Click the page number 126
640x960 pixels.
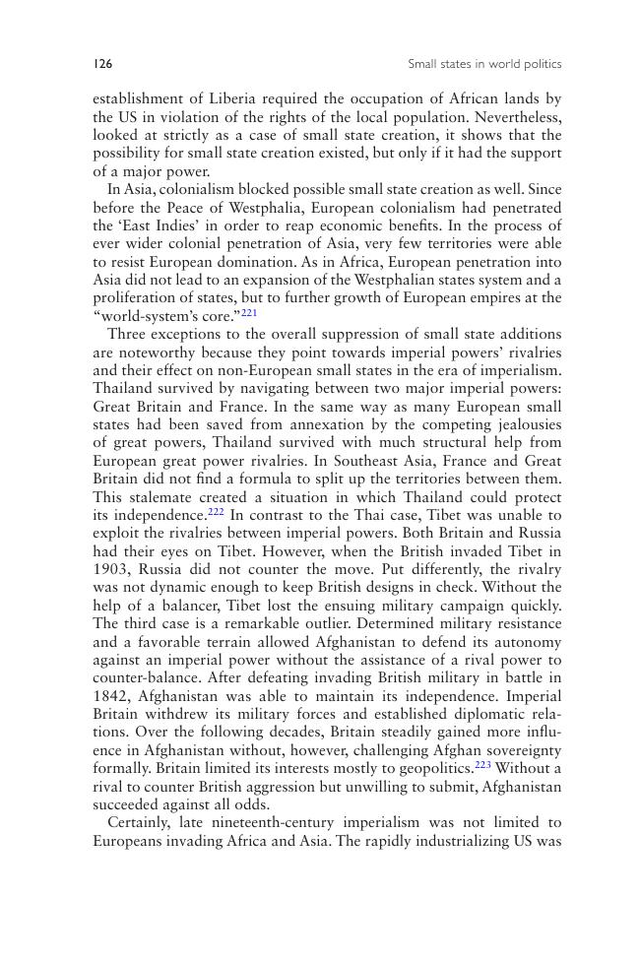(x=102, y=64)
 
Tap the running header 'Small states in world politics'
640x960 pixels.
(x=484, y=64)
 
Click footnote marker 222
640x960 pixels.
(x=217, y=513)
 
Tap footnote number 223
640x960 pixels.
(x=481, y=765)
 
